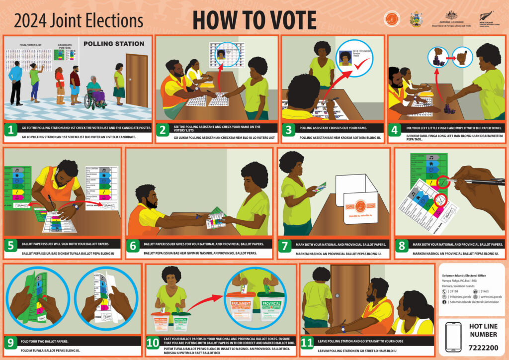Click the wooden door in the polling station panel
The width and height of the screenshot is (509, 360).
(136, 80)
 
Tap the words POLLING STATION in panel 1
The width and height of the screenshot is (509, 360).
(114, 44)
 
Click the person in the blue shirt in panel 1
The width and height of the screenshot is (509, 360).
(16, 82)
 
